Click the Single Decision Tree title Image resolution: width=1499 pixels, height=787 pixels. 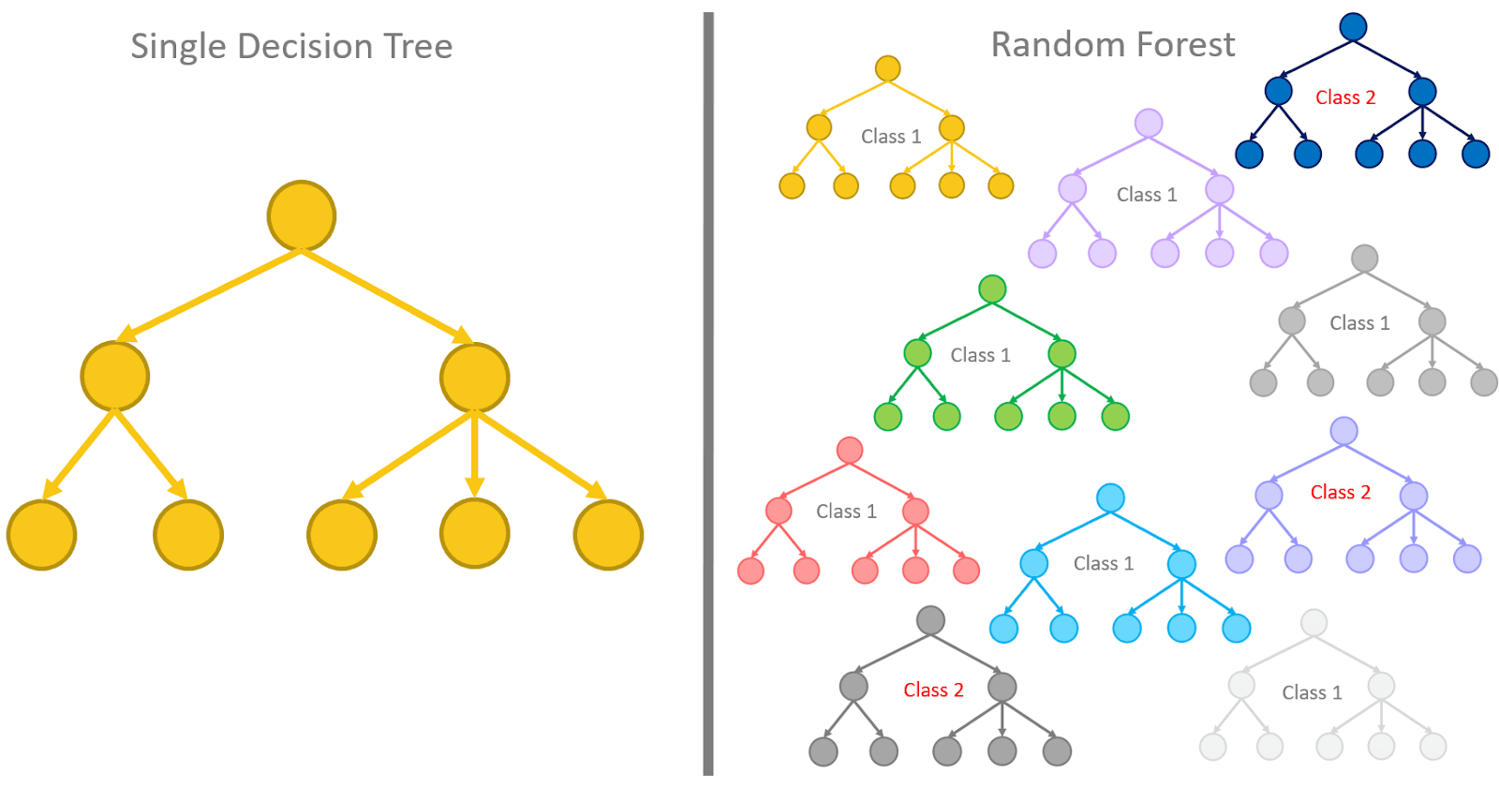point(291,47)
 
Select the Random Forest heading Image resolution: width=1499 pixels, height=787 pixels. point(1113,45)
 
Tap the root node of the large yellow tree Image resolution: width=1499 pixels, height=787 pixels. point(302,215)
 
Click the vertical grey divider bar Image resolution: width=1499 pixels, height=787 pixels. point(708,393)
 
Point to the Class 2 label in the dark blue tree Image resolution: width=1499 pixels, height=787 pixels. point(1345,97)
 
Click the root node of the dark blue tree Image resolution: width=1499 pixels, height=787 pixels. point(1353,27)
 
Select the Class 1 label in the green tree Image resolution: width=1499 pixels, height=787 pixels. point(980,355)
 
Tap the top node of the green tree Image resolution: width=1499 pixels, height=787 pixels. point(992,289)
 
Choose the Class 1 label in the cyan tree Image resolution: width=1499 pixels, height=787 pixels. point(1103,563)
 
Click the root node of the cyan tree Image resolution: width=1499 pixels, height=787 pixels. point(1110,497)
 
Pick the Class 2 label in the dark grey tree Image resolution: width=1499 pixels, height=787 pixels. point(933,690)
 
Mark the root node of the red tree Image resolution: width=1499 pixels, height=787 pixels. point(850,450)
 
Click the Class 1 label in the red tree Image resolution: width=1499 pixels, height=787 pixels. point(846,512)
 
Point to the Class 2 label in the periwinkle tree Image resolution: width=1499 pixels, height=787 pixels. point(1340,492)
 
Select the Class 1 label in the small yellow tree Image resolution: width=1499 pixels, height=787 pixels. point(891,137)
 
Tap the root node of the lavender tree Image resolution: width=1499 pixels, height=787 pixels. point(1149,123)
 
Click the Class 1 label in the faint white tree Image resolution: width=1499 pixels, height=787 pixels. point(1312,692)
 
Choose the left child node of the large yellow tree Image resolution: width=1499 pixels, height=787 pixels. point(114,377)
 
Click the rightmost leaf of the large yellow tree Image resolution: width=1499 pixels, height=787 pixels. point(608,535)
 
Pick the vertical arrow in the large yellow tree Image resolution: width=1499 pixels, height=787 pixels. point(475,454)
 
